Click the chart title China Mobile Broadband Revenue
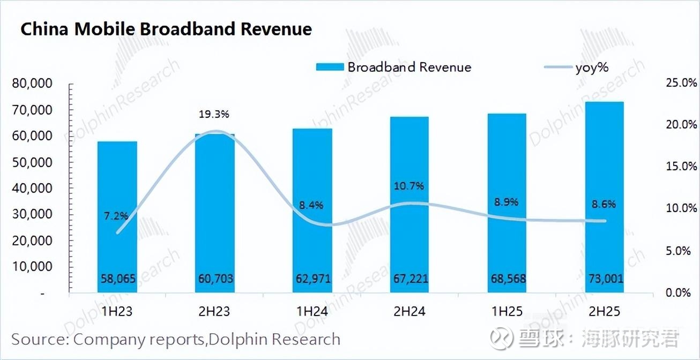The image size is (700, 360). click(x=166, y=29)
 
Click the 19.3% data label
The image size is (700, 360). click(x=214, y=114)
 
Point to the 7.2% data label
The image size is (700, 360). click(x=116, y=216)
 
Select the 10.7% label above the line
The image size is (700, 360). click(x=409, y=186)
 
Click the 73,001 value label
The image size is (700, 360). click(x=604, y=279)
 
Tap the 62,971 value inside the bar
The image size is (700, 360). click(x=312, y=279)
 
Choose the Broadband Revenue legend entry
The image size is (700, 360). click(x=394, y=67)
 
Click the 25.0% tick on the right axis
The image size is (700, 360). click(x=679, y=83)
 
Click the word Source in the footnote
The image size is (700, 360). click(x=39, y=339)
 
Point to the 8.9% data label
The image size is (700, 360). click(x=507, y=202)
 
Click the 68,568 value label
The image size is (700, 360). click(x=507, y=279)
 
